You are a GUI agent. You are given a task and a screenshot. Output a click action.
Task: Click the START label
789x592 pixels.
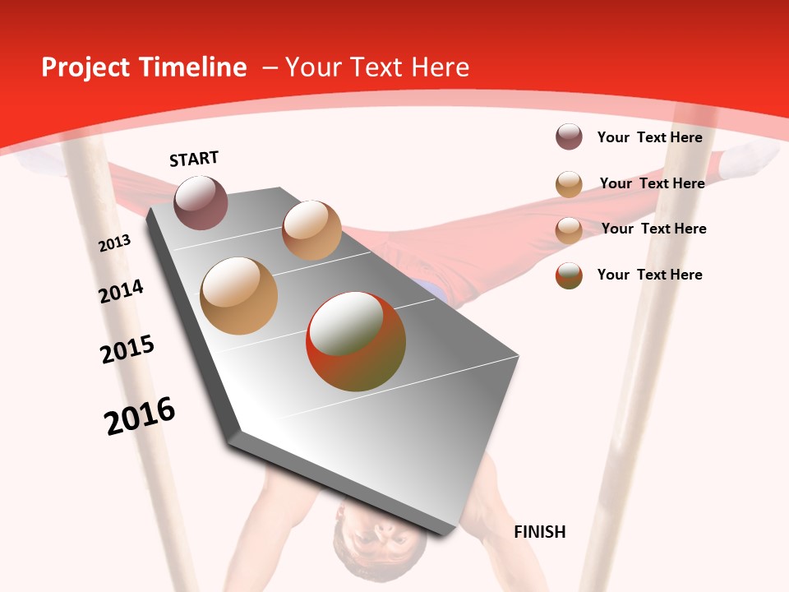[194, 159]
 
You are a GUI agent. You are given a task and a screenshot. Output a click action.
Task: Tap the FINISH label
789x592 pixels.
[539, 532]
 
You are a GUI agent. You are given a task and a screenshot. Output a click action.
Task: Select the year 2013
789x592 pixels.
[115, 243]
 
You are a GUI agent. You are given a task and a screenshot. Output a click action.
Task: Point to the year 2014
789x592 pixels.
[122, 291]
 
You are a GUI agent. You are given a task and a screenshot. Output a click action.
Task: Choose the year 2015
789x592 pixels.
[127, 349]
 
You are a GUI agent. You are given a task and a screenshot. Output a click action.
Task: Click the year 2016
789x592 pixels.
[140, 415]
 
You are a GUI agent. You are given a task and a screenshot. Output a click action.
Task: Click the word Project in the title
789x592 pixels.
[85, 67]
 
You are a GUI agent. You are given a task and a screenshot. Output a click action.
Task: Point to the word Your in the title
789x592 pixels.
[311, 67]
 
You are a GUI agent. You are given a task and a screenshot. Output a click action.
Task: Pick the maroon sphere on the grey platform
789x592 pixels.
[201, 202]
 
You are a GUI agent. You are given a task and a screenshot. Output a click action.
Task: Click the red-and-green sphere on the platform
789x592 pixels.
[356, 341]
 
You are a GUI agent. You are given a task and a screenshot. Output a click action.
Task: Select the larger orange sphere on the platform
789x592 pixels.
[238, 296]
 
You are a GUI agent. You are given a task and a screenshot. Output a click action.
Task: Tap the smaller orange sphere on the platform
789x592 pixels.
[311, 230]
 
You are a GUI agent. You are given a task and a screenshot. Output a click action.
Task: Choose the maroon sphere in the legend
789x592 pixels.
[569, 137]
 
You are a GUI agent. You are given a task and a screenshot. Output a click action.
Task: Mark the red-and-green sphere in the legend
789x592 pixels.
[569, 275]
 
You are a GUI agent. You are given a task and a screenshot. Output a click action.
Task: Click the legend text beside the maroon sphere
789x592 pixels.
[649, 137]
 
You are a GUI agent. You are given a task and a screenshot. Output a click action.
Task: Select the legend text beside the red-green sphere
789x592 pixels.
[649, 275]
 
